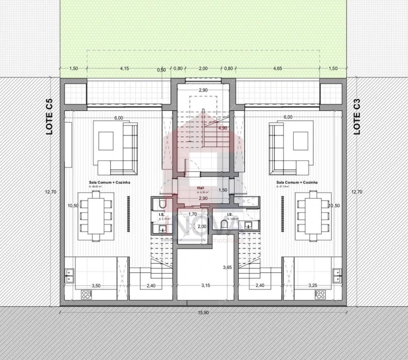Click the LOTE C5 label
(x=49, y=118)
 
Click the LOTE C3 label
(x=357, y=118)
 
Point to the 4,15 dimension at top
(x=125, y=68)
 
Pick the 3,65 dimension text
(x=227, y=267)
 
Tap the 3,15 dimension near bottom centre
(x=206, y=285)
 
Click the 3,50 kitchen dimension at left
(x=96, y=285)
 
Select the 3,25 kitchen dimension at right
(x=312, y=285)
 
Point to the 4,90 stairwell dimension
(x=223, y=128)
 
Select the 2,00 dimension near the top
(x=203, y=68)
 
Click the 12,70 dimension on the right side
(x=357, y=191)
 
